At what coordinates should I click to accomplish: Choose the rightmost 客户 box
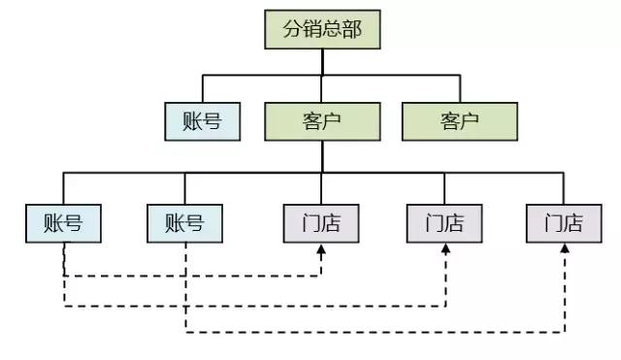[459, 121]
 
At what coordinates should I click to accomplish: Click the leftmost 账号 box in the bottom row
[63, 223]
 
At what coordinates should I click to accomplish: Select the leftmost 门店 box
[320, 223]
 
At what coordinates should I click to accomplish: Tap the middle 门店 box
[443, 223]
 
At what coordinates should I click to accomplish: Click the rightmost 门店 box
[564, 223]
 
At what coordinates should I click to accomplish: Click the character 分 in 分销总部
[291, 29]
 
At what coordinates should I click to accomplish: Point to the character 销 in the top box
[310, 29]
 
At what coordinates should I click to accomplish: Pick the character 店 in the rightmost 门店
[573, 223]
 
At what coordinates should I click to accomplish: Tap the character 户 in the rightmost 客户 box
[471, 121]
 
